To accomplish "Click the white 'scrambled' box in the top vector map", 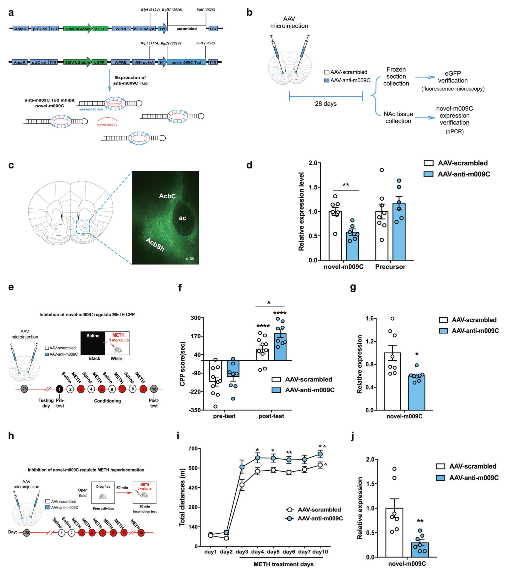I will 186,29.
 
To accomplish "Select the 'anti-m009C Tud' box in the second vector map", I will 186,62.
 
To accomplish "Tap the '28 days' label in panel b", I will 326,103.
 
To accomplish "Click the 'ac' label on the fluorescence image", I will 182,218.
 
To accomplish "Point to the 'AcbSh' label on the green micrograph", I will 155,245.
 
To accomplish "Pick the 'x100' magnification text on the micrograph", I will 190,259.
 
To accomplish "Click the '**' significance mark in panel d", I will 346,185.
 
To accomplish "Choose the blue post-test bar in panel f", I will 280,347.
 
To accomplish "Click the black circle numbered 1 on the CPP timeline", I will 59,389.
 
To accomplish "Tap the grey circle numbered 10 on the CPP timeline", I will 154,389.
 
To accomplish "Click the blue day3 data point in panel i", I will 242,467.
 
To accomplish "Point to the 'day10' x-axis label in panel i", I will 320,552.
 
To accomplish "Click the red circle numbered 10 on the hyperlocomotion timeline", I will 141,533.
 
